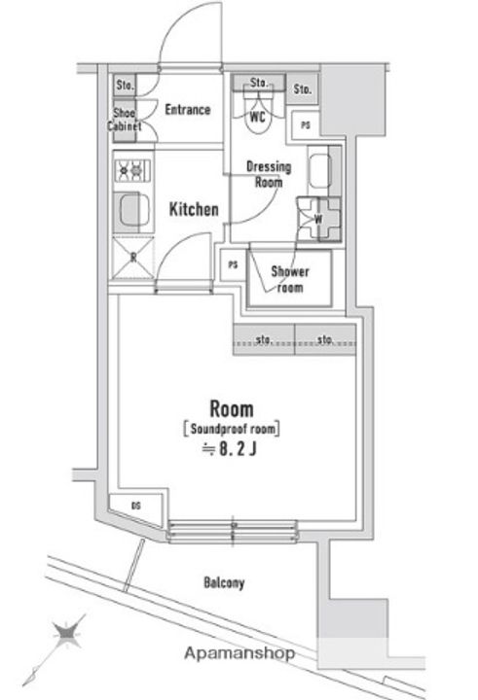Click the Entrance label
(187, 110)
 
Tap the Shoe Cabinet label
(125, 119)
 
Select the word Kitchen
(194, 209)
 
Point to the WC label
(258, 118)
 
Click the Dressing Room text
(269, 174)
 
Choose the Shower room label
(289, 279)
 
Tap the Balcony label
(224, 584)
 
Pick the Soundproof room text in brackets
(231, 427)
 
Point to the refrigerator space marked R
(129, 257)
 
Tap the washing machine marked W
(317, 218)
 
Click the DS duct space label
(134, 506)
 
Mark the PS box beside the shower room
(233, 265)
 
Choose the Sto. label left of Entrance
(124, 85)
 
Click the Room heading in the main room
(232, 406)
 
